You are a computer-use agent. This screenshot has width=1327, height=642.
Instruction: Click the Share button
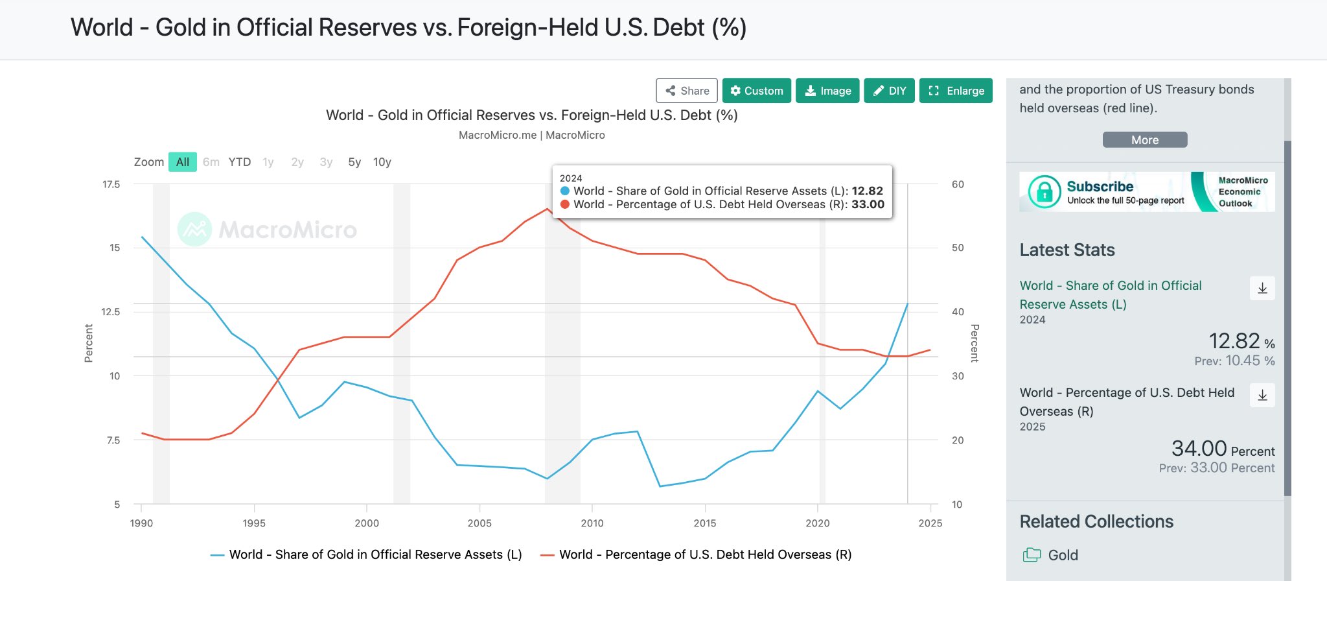[687, 91]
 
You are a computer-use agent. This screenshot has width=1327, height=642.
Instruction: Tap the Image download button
[827, 91]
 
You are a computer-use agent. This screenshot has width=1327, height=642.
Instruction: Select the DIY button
[889, 91]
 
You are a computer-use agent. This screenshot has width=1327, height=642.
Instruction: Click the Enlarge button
[956, 91]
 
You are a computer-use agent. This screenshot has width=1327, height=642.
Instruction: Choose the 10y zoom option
[382, 162]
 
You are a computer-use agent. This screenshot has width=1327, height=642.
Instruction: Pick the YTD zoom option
[239, 162]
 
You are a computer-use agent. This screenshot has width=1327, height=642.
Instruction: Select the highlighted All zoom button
[183, 162]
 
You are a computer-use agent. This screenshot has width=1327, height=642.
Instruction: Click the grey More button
[1144, 140]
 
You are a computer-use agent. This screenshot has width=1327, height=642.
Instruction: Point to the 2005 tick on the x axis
[479, 523]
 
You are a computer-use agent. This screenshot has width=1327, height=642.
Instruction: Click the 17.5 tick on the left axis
[111, 185]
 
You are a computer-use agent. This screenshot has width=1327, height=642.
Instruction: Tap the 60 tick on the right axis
[958, 185]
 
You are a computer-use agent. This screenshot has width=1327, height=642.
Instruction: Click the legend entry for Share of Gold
[367, 554]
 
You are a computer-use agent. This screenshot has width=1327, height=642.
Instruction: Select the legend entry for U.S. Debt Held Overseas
[697, 554]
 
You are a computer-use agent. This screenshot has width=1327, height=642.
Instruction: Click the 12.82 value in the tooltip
[867, 191]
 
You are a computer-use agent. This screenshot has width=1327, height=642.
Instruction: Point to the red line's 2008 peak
[548, 209]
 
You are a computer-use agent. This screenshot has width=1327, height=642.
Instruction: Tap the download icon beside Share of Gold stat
[1262, 289]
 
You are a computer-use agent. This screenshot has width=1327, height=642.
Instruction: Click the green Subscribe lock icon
[1044, 192]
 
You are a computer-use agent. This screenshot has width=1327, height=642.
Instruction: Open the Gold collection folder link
[1063, 555]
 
